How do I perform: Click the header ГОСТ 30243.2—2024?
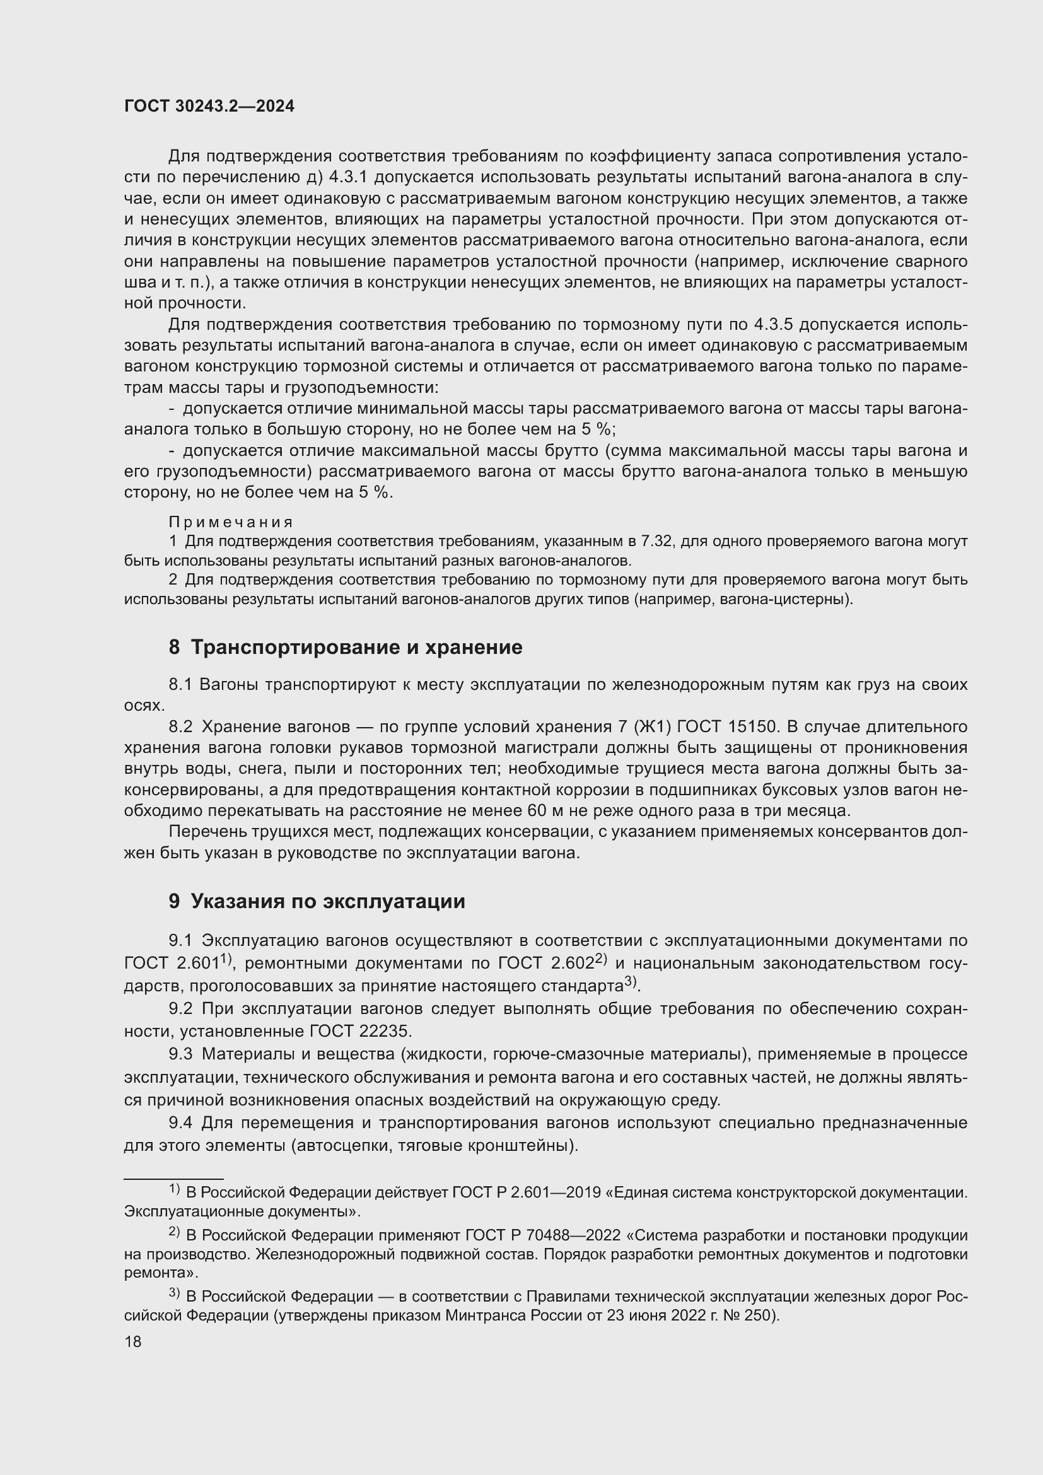click(209, 107)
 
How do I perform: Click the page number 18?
click(133, 1341)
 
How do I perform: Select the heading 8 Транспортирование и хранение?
click(346, 647)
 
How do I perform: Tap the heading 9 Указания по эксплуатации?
click(317, 901)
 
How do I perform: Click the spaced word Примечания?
click(231, 522)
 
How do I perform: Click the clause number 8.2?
click(180, 726)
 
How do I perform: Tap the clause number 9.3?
click(180, 1054)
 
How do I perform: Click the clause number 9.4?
click(180, 1122)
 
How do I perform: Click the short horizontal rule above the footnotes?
click(173, 1179)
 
